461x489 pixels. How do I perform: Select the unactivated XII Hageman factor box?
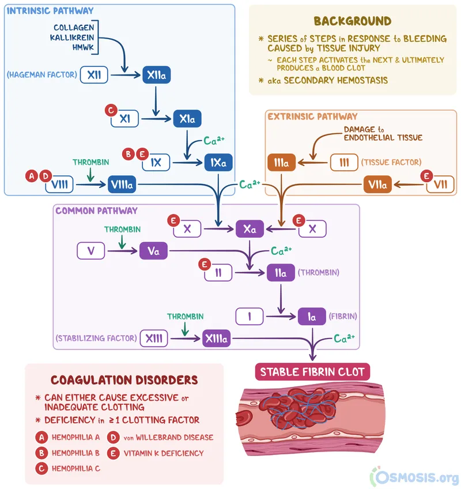(94, 75)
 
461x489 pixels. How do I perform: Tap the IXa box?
(218, 163)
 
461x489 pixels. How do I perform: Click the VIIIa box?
(122, 185)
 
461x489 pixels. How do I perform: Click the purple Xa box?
(250, 229)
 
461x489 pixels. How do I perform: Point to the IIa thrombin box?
(281, 272)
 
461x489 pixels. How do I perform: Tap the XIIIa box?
(217, 339)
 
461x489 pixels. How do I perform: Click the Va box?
(153, 251)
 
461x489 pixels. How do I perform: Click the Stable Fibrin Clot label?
(312, 372)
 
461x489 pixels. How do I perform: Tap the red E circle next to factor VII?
(427, 175)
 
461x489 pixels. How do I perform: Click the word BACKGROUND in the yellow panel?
(352, 21)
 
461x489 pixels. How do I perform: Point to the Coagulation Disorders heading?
(124, 380)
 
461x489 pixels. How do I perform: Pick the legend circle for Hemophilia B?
(41, 453)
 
